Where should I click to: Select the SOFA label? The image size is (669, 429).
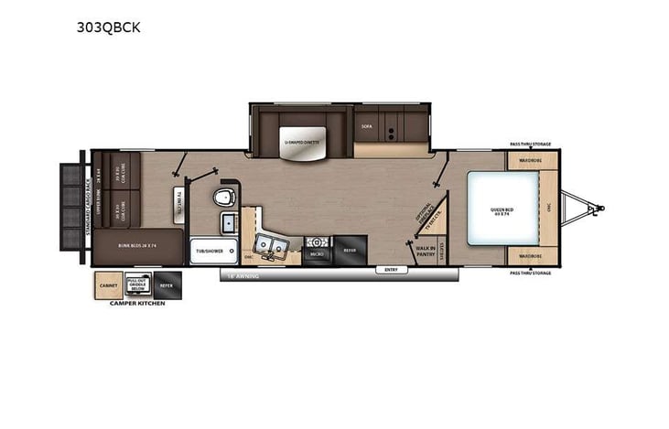tap(367, 126)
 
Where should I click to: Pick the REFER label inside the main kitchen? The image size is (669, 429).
tap(349, 249)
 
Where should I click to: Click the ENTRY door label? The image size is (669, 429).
tap(391, 270)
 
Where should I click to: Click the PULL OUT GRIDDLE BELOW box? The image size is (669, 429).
tap(136, 285)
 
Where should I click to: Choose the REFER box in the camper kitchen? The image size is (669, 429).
tap(167, 285)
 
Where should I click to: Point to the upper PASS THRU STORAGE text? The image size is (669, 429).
tap(530, 144)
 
